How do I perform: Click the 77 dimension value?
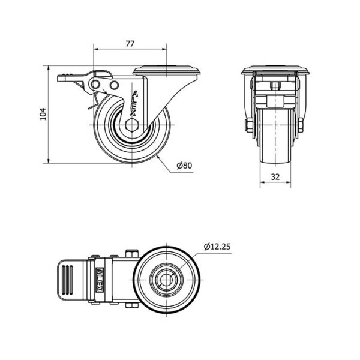pyautogui.click(x=130, y=44)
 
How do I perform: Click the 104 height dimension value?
pyautogui.click(x=43, y=114)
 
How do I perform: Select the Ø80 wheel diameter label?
pyautogui.click(x=184, y=166)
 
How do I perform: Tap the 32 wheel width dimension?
pyautogui.click(x=275, y=177)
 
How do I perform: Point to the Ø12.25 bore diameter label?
pyautogui.click(x=217, y=247)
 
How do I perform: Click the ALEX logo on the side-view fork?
pyautogui.click(x=134, y=103)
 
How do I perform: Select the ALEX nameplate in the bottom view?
pyautogui.click(x=100, y=280)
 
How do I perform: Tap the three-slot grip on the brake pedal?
pyautogui.click(x=67, y=280)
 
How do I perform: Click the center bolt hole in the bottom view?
pyautogui.click(x=166, y=280)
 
